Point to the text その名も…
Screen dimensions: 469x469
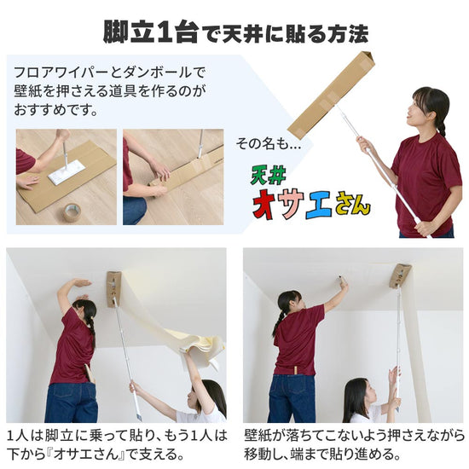pos(274,145)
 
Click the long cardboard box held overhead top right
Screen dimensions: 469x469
pos(332,93)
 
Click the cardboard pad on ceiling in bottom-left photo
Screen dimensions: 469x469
pos(113,287)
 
